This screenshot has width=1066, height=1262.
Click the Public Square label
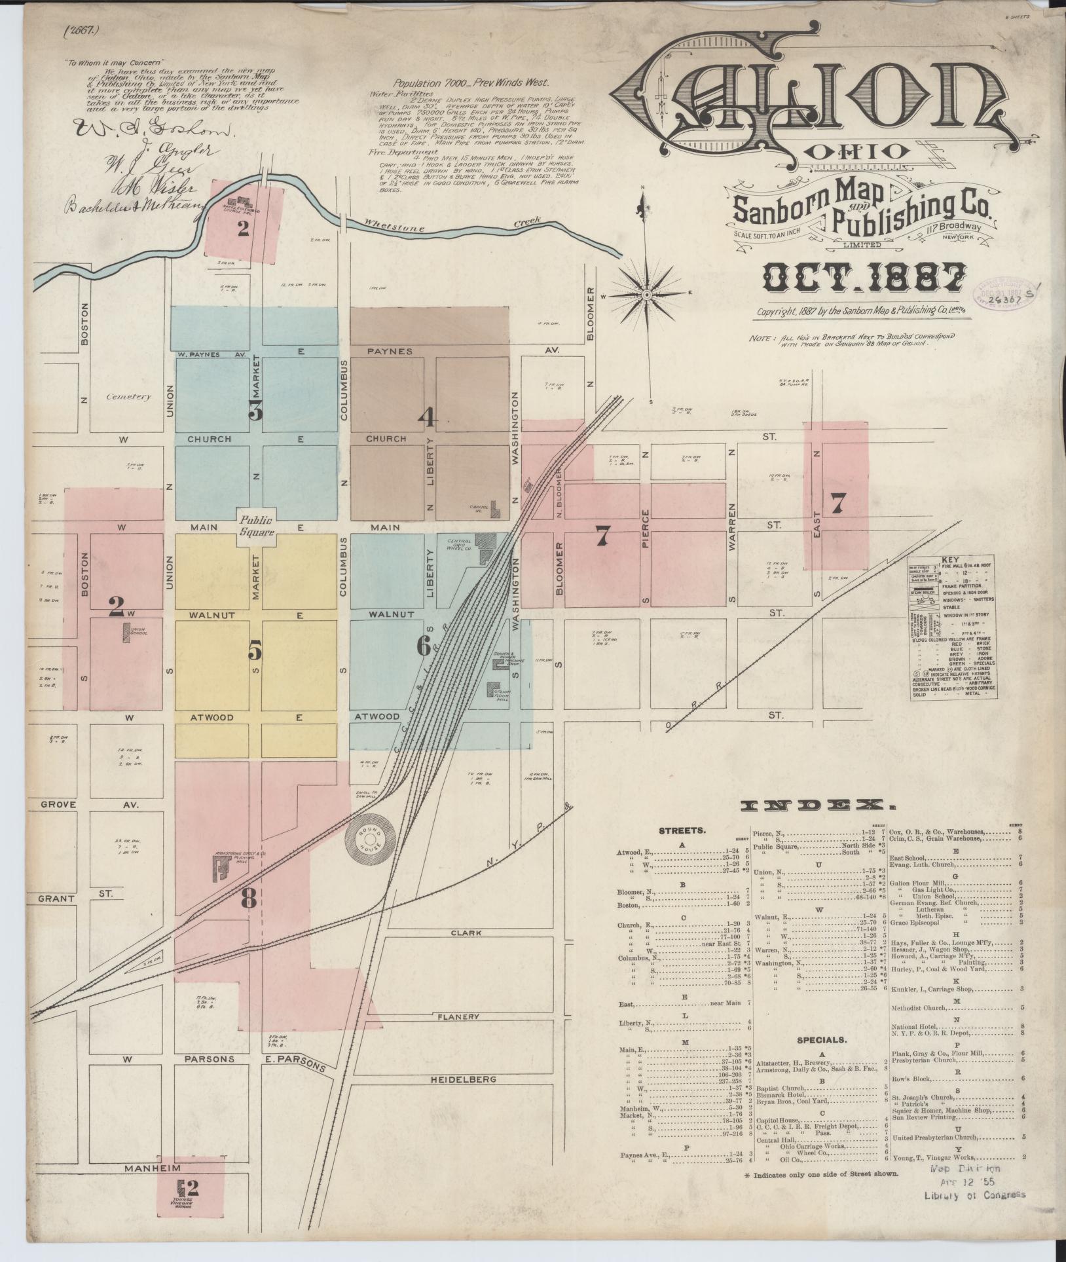(256, 526)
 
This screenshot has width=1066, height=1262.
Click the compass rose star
(646, 295)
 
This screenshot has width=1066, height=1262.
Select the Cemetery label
(129, 396)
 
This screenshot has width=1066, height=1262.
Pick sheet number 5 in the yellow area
(255, 650)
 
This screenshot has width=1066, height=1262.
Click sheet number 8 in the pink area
(248, 899)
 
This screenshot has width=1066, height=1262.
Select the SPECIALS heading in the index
(822, 1039)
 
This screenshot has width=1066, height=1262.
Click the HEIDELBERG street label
(463, 1079)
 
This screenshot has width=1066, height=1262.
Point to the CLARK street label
(466, 933)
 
